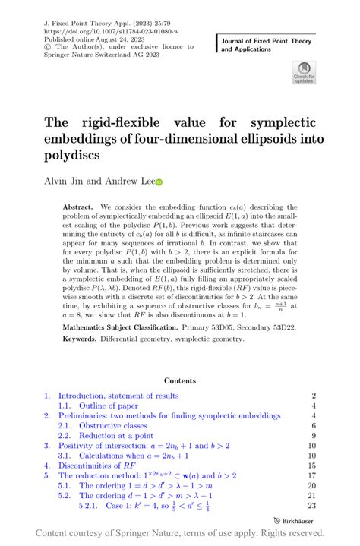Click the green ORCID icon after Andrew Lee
click(x=159, y=182)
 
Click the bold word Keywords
click(x=82, y=339)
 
